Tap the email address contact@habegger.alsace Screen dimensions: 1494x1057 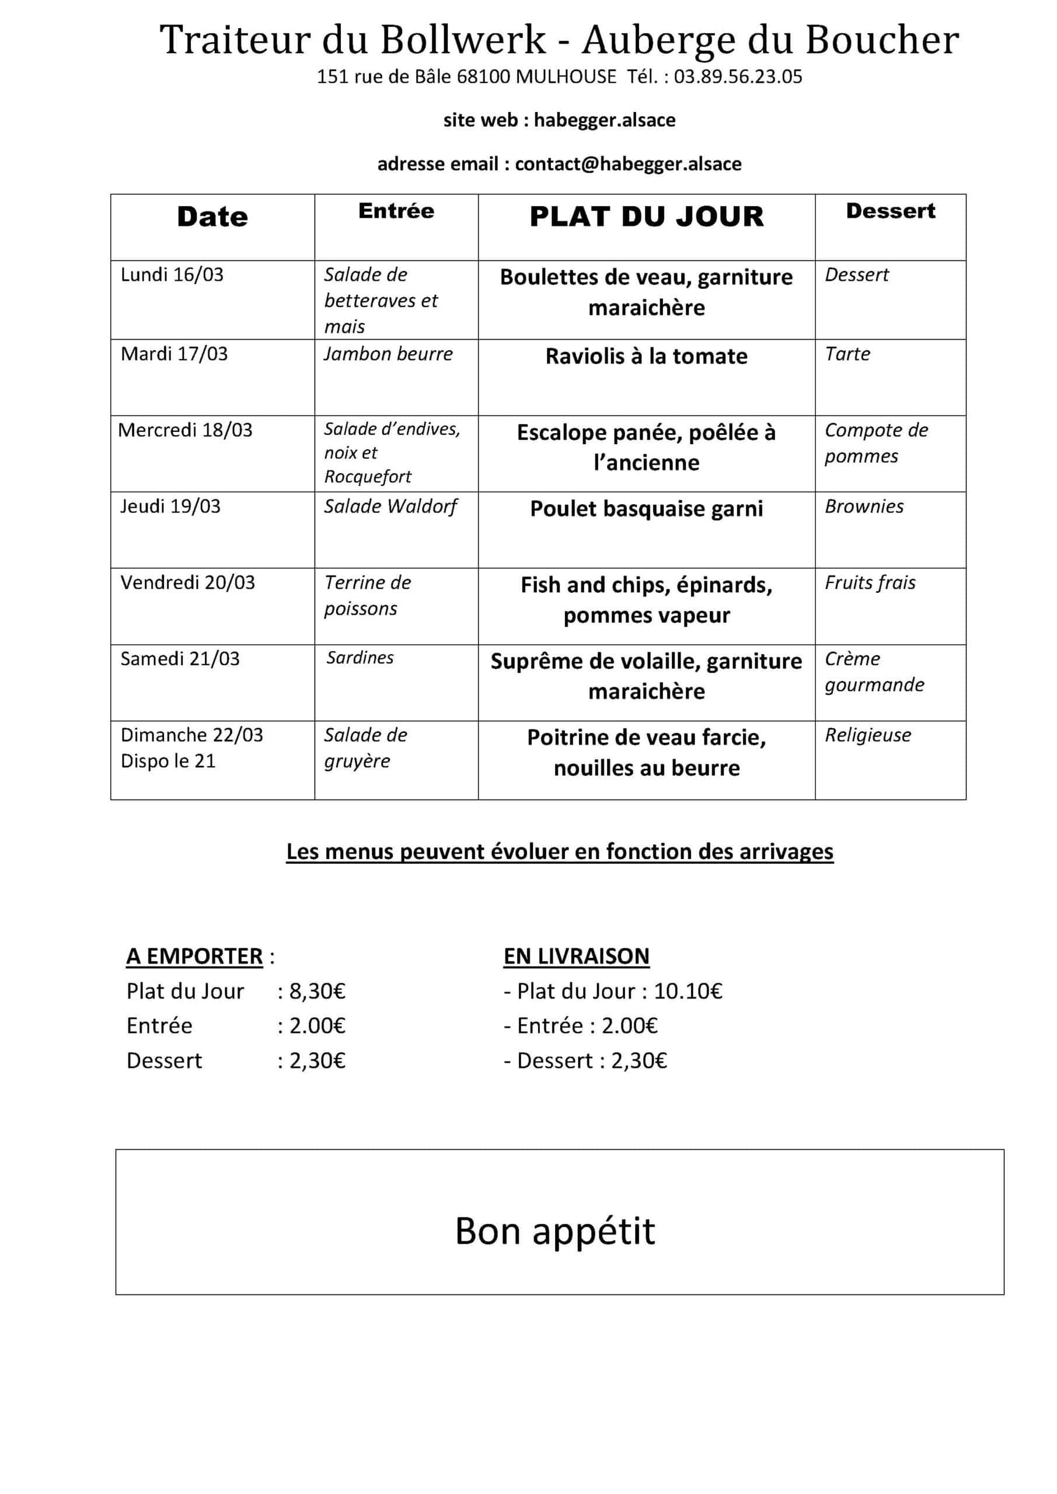pyautogui.click(x=627, y=163)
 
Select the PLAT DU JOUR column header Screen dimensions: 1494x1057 pyautogui.click(x=646, y=217)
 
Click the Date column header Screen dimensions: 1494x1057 pyautogui.click(x=212, y=217)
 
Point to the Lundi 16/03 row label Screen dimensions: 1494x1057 pyautogui.click(x=172, y=275)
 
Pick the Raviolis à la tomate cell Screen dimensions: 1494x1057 pyautogui.click(x=646, y=356)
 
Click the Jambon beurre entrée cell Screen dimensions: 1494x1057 pyautogui.click(x=388, y=354)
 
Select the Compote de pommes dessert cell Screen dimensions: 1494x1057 pyautogui.click(x=875, y=442)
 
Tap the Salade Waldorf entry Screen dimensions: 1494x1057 pyautogui.click(x=390, y=506)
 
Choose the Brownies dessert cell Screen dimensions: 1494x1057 pyautogui.click(x=864, y=506)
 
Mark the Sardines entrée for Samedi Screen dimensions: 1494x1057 pyautogui.click(x=360, y=658)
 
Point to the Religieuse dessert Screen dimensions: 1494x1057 pyautogui.click(x=867, y=735)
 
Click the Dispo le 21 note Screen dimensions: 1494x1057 pyautogui.click(x=168, y=760)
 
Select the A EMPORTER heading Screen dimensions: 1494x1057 pyautogui.click(x=194, y=956)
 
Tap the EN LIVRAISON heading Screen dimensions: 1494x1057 pyautogui.click(x=576, y=956)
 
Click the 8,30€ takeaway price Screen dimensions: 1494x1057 pyautogui.click(x=317, y=991)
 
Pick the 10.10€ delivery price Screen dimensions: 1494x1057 pyautogui.click(x=688, y=991)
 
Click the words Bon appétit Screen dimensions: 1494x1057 pyautogui.click(x=554, y=1231)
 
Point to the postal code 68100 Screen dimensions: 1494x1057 pyautogui.click(x=483, y=77)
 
